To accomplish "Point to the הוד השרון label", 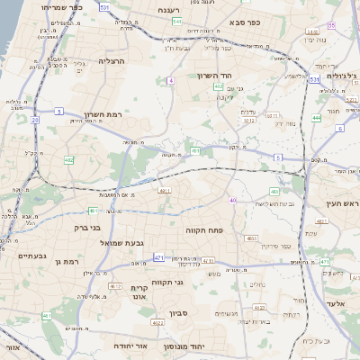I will pos(215,76).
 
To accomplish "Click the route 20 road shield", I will pos(34,118).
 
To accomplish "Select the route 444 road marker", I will pos(316,117).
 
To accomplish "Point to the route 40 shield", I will pos(232,200).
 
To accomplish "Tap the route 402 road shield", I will pos(68,160).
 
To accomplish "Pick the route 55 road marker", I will pos(331,25).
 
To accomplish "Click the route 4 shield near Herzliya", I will pos(169,81).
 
